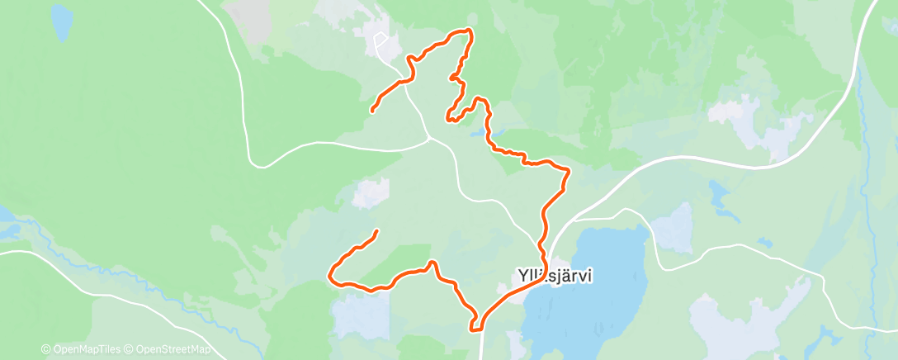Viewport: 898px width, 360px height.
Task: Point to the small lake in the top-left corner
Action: (x=60, y=23)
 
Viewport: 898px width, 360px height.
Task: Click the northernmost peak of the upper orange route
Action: (x=468, y=31)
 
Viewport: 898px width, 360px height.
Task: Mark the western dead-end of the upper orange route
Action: (x=372, y=110)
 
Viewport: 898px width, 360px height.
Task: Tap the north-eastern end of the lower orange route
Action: (x=377, y=231)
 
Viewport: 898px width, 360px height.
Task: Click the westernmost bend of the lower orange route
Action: (x=331, y=274)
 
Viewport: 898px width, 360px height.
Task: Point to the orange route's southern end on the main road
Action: (x=475, y=329)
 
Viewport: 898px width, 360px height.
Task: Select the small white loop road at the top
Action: (x=380, y=40)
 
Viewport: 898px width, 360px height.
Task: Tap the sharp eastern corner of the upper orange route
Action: (x=569, y=171)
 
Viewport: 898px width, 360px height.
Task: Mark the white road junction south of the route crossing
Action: (x=428, y=138)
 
